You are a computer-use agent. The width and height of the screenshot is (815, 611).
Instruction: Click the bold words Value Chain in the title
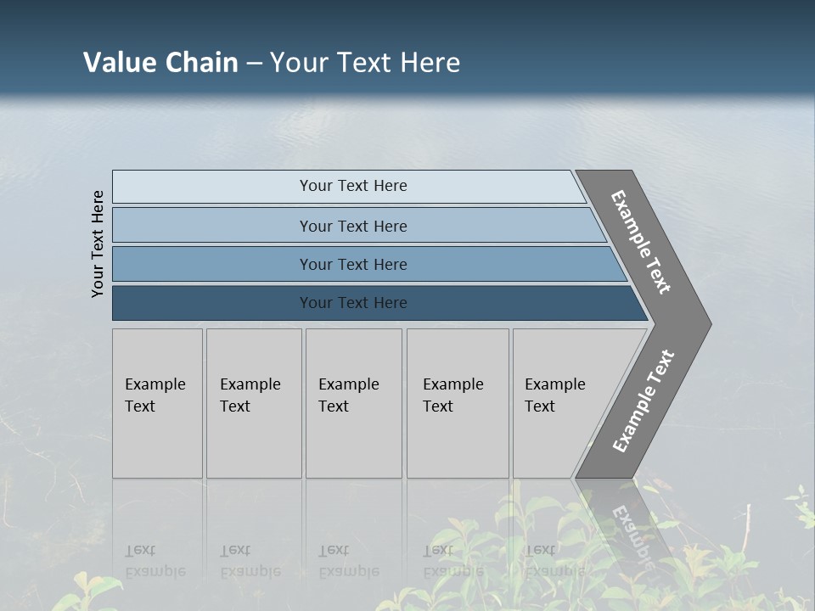point(160,62)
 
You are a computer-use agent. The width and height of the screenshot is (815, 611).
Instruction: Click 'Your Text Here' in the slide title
point(365,62)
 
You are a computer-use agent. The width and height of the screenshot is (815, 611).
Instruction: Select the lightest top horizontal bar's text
point(353,186)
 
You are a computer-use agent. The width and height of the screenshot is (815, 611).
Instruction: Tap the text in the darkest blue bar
point(353,303)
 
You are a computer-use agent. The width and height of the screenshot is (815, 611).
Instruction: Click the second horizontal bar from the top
point(353,226)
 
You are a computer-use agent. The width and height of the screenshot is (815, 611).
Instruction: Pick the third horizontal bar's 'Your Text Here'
point(353,265)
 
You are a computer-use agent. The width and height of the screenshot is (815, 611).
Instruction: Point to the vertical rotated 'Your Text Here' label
point(98,244)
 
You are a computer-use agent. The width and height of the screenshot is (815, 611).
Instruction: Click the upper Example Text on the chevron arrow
point(642,242)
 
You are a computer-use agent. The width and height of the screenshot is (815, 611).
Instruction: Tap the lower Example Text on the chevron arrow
point(643,401)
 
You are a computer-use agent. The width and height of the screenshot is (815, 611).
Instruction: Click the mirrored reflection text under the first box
point(155,561)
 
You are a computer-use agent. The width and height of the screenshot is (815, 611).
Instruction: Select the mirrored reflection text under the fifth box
point(554,561)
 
